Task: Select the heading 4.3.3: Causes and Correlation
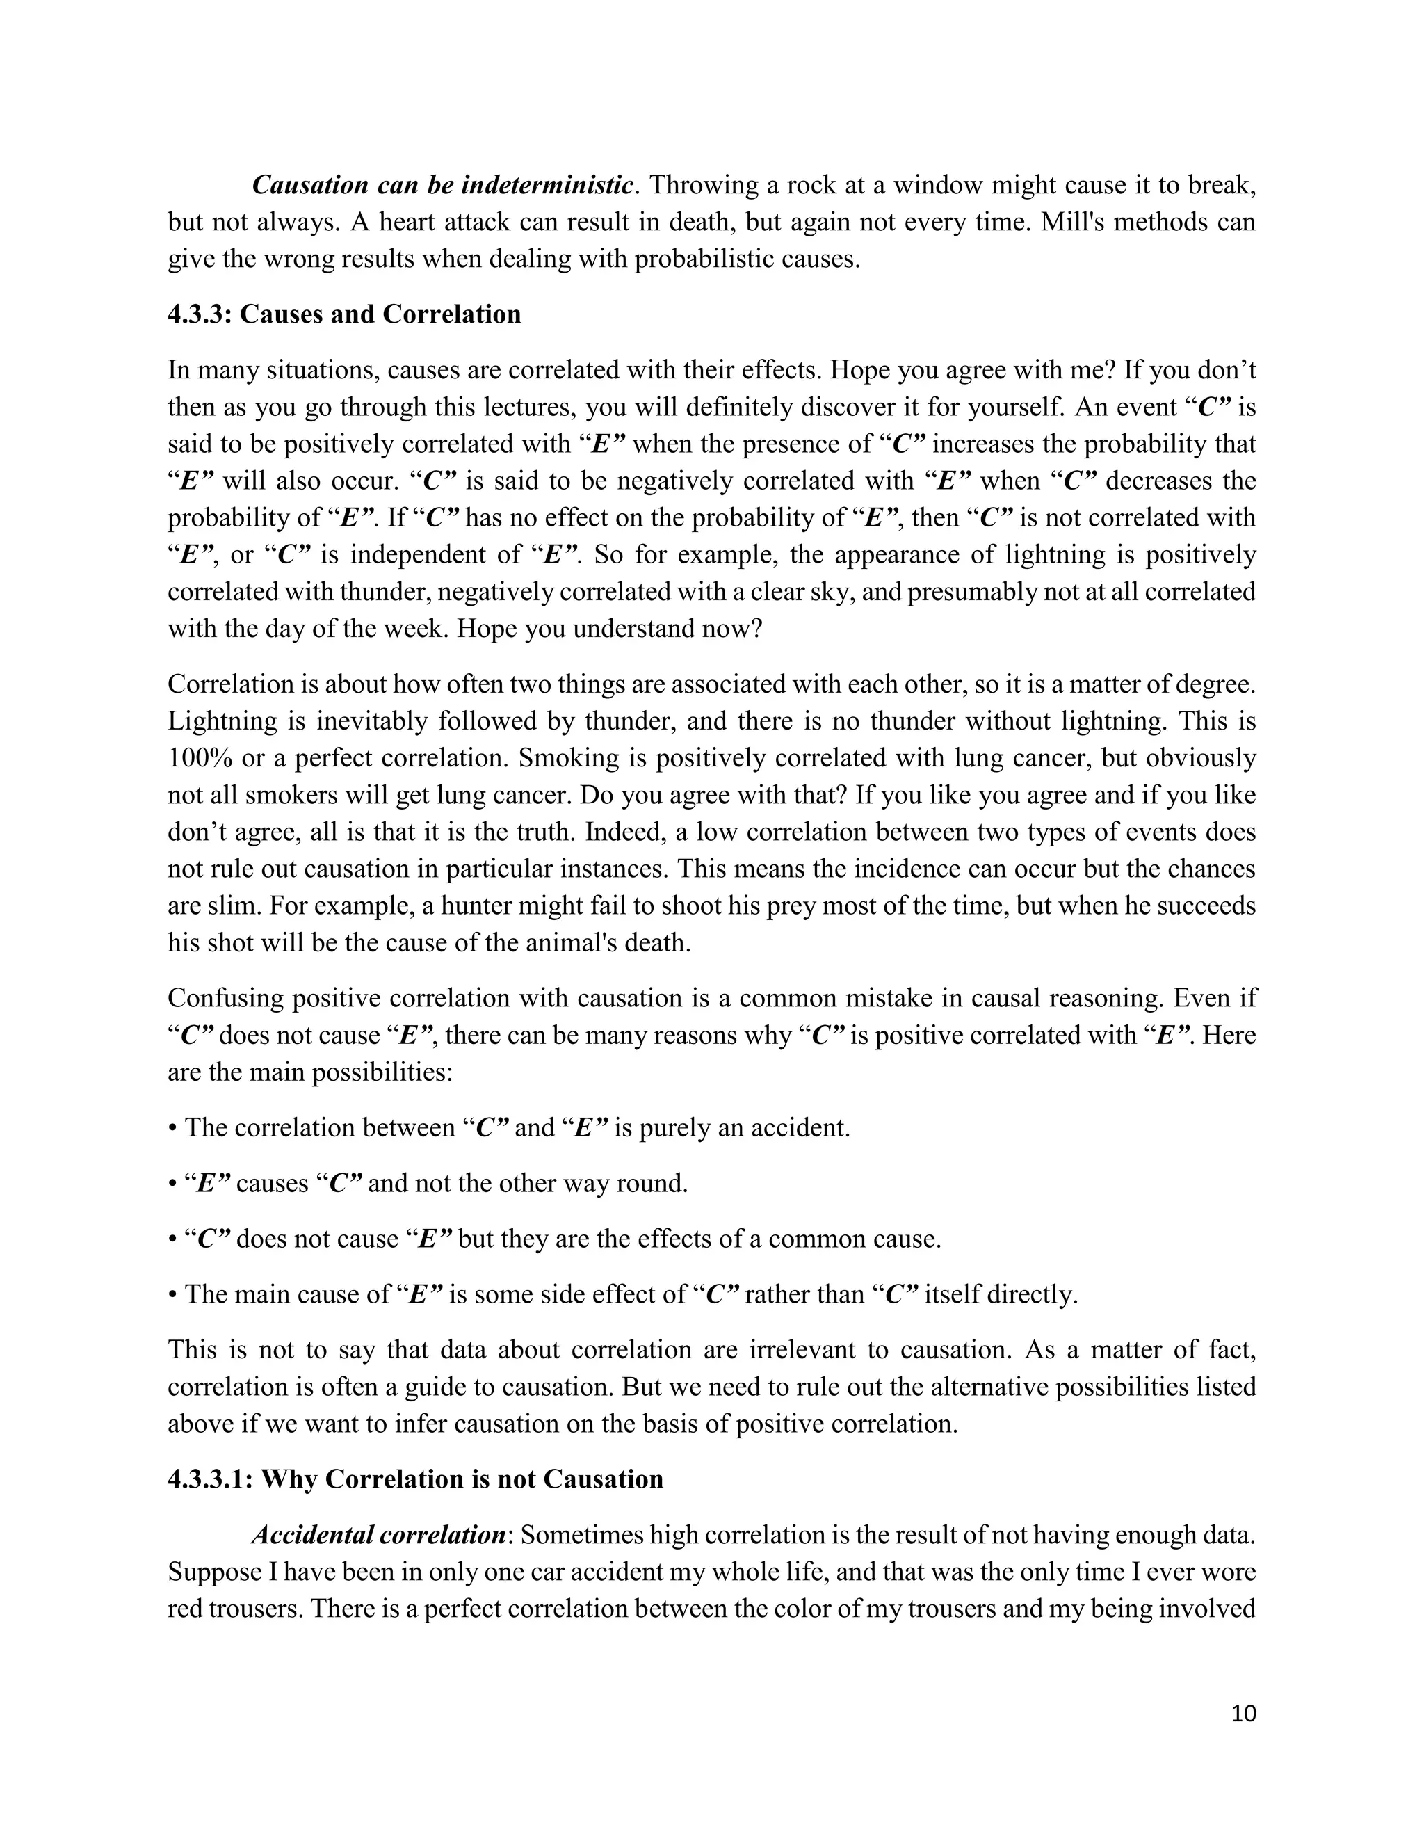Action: [x=344, y=314]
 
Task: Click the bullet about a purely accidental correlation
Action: [x=509, y=1127]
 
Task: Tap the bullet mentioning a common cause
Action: [x=554, y=1239]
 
